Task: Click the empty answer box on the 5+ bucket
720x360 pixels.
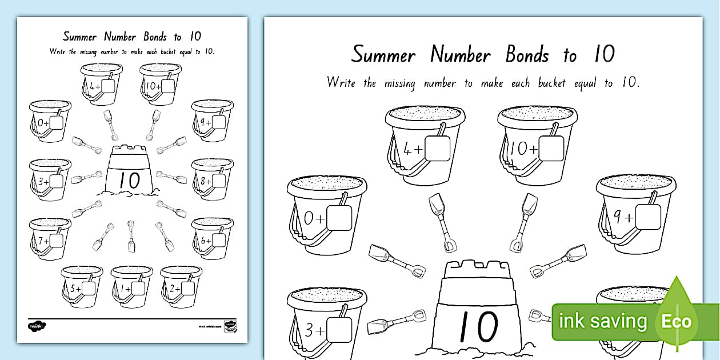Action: [88, 288]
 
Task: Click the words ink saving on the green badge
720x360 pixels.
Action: [603, 321]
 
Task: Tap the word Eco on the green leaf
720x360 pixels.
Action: [677, 321]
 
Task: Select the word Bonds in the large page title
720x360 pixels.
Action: [527, 55]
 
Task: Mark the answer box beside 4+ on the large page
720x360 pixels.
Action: [439, 149]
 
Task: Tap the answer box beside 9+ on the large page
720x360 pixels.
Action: [649, 217]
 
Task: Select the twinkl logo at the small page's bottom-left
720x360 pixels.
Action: [37, 326]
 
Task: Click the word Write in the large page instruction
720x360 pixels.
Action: [341, 83]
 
